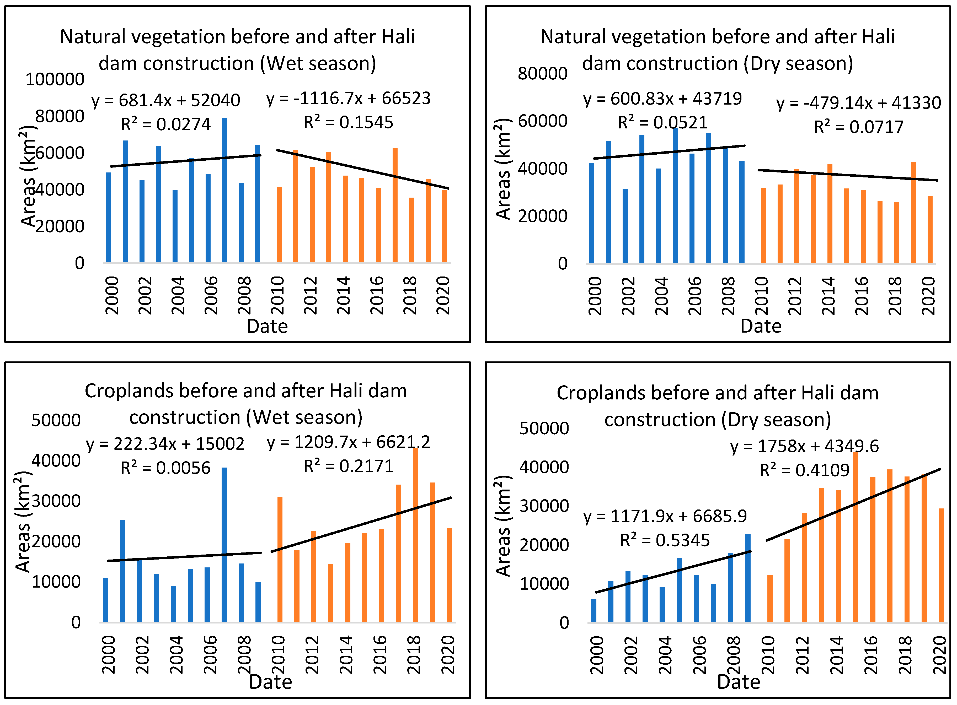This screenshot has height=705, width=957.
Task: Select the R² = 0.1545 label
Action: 348,122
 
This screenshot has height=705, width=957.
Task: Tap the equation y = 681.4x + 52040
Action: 166,101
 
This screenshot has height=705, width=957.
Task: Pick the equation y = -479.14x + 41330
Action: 858,103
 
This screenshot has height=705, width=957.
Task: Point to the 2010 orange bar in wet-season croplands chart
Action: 280,559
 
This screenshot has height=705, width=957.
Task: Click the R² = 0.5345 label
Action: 665,540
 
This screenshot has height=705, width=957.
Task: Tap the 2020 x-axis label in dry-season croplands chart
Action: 939,655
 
